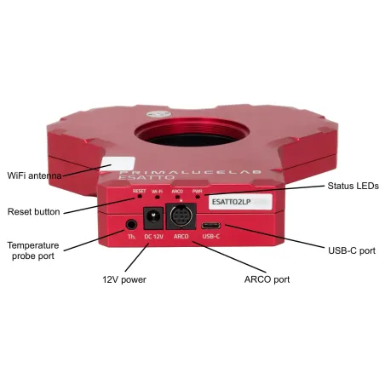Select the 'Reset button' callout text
(x=35, y=211)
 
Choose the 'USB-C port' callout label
(x=351, y=251)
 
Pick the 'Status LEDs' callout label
(x=351, y=185)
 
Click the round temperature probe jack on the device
(x=131, y=225)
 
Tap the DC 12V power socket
(x=153, y=224)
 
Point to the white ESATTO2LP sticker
(x=233, y=204)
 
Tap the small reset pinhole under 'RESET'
(x=140, y=198)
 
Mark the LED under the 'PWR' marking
(x=197, y=198)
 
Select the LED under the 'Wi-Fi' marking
(x=158, y=198)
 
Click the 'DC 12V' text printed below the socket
(x=153, y=238)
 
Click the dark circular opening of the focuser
(x=198, y=135)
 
